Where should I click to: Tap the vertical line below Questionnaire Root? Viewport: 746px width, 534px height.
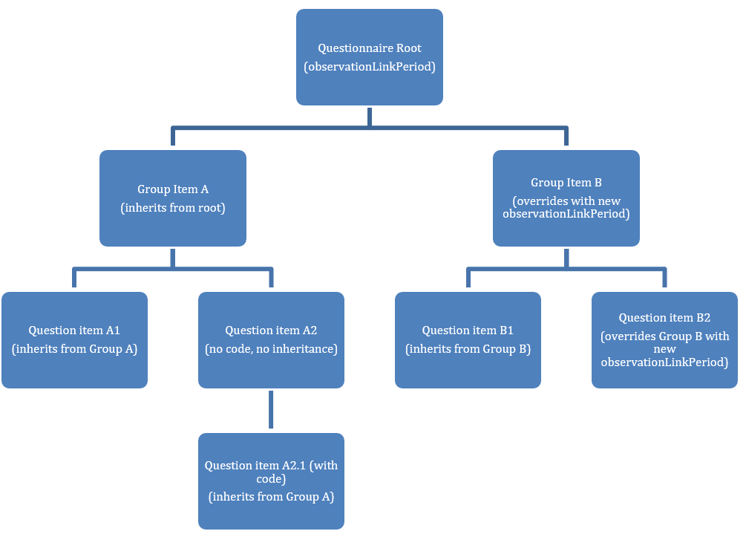(x=369, y=116)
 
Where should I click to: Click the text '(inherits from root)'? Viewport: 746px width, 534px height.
(x=172, y=208)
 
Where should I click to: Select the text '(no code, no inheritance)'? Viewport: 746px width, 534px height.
(x=271, y=349)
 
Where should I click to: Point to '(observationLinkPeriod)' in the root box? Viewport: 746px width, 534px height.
(x=369, y=67)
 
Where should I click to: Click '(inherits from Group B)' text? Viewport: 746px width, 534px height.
(x=468, y=349)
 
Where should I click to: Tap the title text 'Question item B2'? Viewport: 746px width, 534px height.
(x=664, y=318)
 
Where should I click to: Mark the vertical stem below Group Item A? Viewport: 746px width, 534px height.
(x=172, y=257)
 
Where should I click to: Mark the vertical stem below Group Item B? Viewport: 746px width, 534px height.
(x=566, y=257)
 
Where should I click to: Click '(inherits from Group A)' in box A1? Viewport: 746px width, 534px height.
(x=74, y=349)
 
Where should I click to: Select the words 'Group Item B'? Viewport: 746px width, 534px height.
(x=566, y=183)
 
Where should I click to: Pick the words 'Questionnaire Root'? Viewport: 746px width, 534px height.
(x=369, y=48)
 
